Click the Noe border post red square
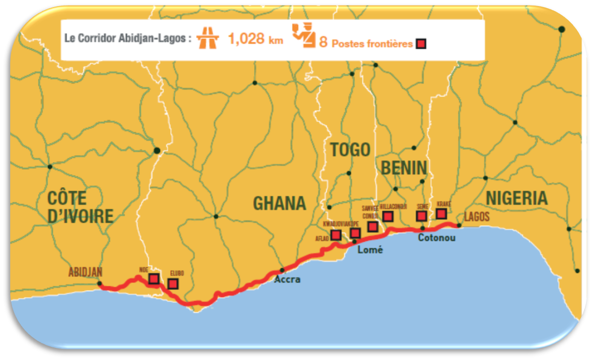[x=154, y=279]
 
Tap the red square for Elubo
[x=173, y=284]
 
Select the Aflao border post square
[x=336, y=235]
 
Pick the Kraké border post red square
[x=441, y=214]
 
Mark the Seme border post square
[x=421, y=216]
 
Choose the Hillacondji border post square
[x=388, y=217]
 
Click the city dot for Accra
[x=282, y=270]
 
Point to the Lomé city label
[x=370, y=250]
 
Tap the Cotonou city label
[x=436, y=237]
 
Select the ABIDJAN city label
[x=85, y=272]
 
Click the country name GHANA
[x=279, y=203]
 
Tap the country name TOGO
[x=350, y=149]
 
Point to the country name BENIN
[x=404, y=168]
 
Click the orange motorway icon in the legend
[x=208, y=38]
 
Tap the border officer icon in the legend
[x=303, y=36]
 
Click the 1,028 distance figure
[x=246, y=39]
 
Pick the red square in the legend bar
[x=421, y=44]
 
